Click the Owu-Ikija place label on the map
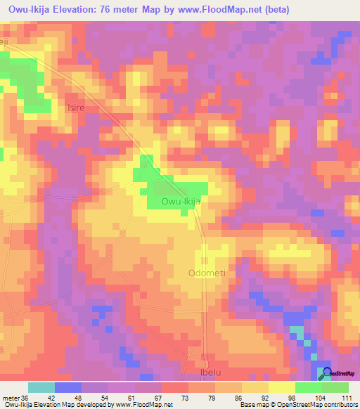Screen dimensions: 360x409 [x=181, y=201]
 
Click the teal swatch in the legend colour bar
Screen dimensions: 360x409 [x=41, y=387]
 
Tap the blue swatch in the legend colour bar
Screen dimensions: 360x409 [x=68, y=387]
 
